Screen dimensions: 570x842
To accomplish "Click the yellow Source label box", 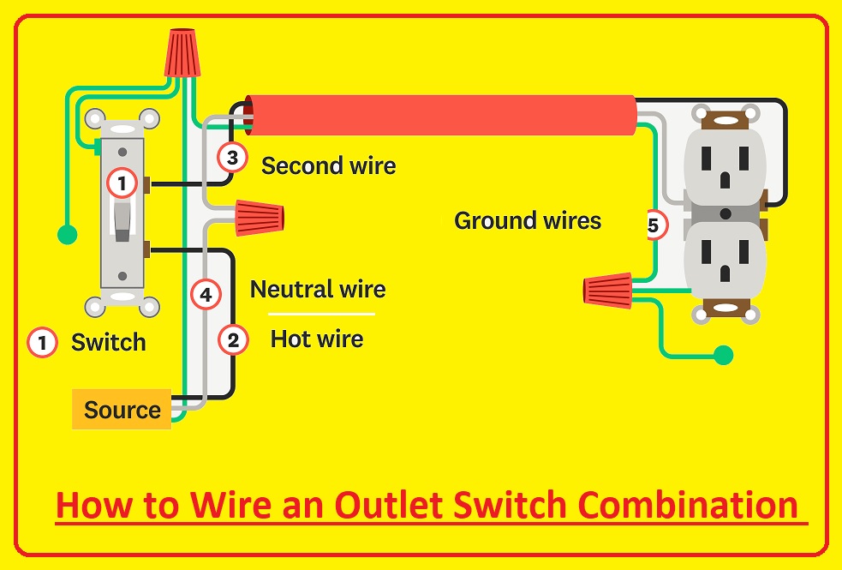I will tap(122, 410).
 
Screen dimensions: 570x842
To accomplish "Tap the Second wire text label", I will tap(328, 165).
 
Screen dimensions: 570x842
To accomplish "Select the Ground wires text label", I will tap(528, 220).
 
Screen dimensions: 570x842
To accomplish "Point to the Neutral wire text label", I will tap(318, 290).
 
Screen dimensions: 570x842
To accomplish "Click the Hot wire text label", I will tap(317, 339).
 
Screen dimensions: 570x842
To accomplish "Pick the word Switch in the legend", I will tap(108, 343).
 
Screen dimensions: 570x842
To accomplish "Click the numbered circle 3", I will tap(231, 158).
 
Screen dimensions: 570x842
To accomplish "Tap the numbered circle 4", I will tap(206, 295).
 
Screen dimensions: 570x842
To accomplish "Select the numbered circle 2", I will tap(233, 340).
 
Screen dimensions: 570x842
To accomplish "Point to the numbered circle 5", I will tap(654, 226).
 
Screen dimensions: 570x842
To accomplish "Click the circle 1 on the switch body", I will tap(122, 183).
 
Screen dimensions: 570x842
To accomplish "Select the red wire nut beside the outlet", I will tap(608, 289).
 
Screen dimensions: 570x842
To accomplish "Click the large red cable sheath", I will tap(441, 115).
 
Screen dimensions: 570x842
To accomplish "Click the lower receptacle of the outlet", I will tap(725, 257).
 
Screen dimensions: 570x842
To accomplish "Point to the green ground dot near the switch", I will tap(65, 233).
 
